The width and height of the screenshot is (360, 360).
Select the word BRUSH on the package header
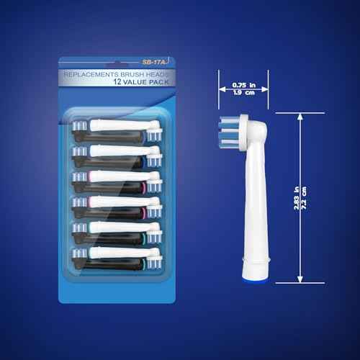point(132,73)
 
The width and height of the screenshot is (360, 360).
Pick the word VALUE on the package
point(120,82)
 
